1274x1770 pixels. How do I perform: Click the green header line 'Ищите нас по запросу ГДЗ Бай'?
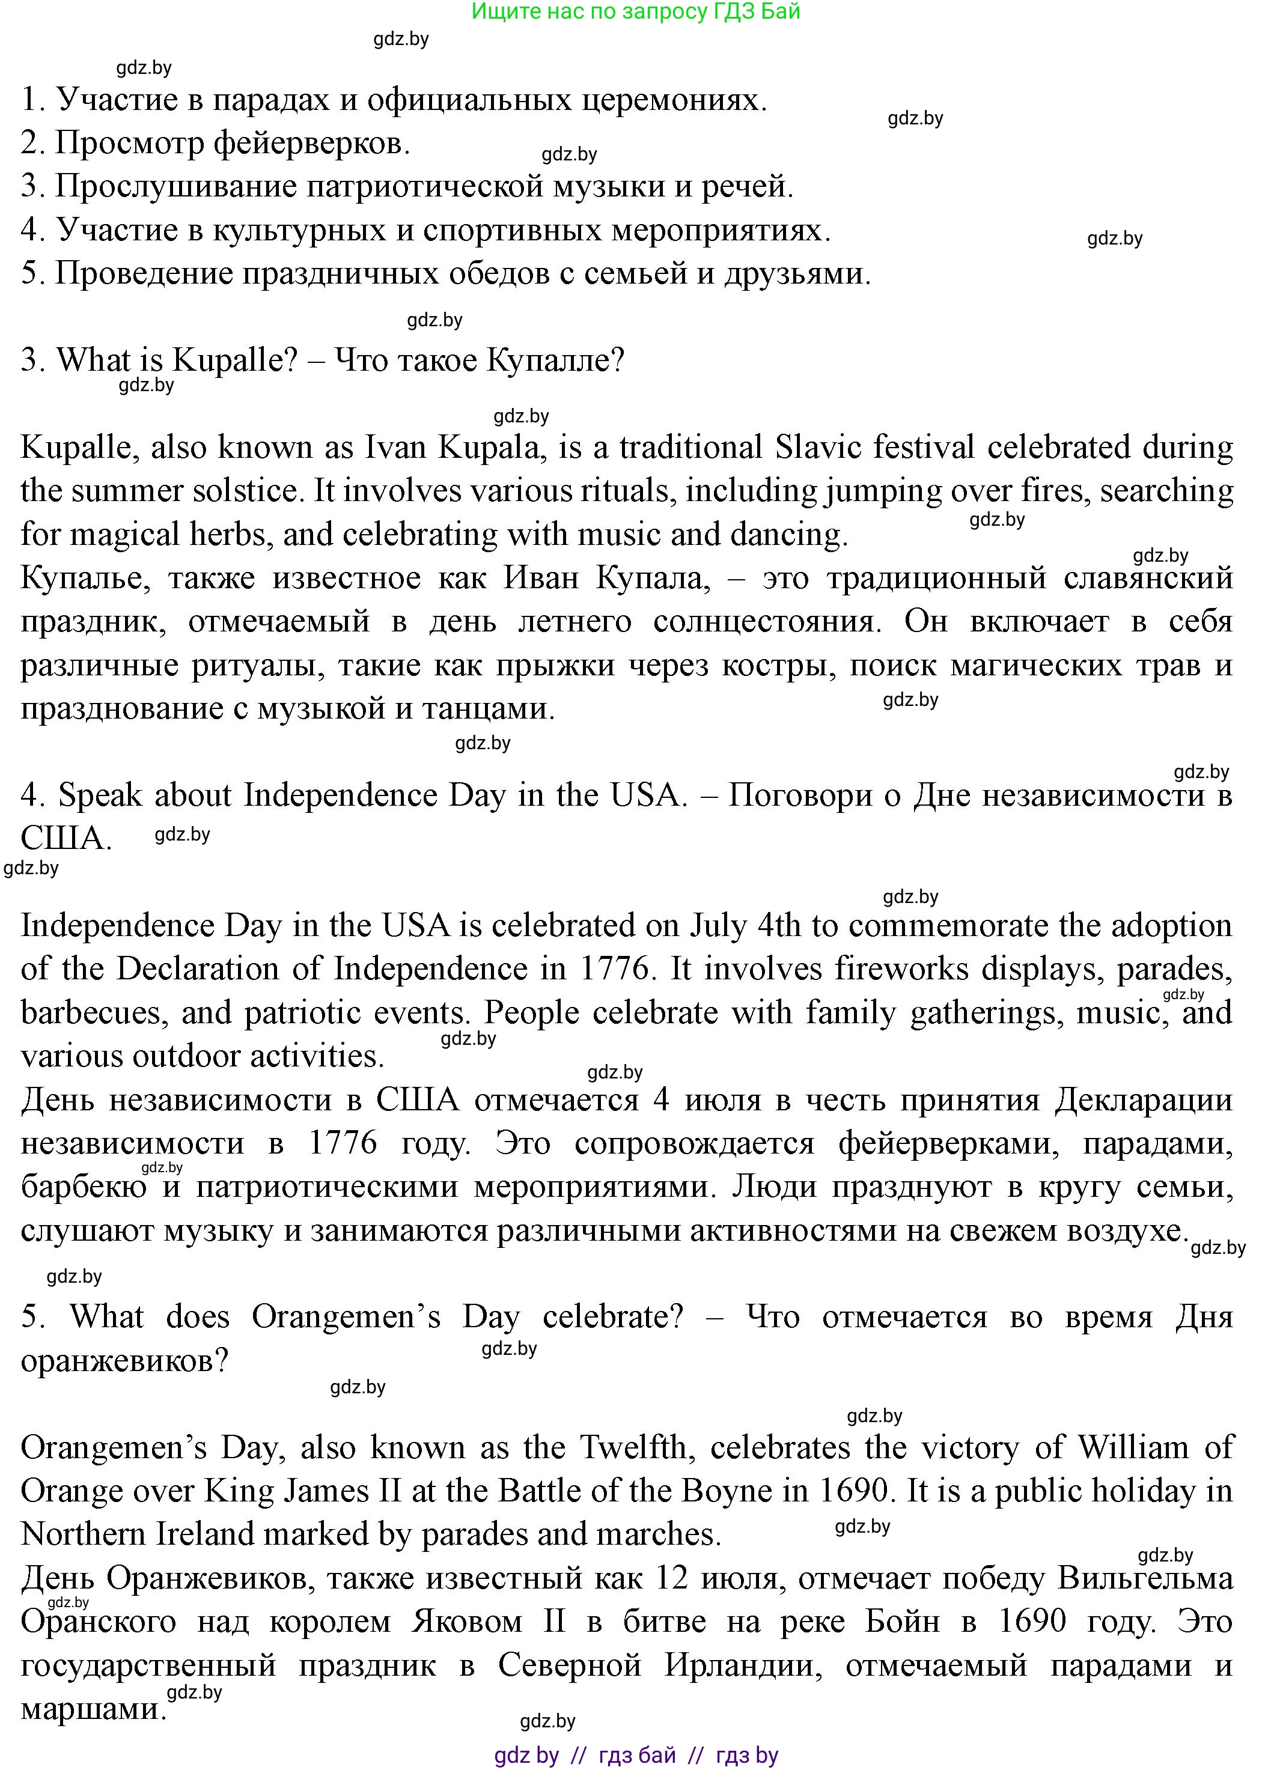636,11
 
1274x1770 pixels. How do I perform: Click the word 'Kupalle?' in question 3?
235,360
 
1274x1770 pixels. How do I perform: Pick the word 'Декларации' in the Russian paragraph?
1144,1101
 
